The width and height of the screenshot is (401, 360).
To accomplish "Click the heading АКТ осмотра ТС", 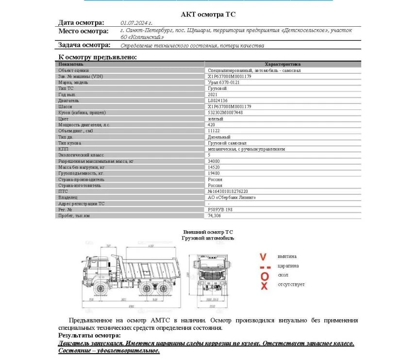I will click(208, 15).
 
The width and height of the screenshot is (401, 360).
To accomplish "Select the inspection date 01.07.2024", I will click(136, 23).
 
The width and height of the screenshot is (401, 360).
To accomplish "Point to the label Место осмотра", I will click(84, 32).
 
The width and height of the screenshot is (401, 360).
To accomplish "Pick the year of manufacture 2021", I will click(213, 95).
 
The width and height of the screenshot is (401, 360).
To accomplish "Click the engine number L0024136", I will click(217, 101).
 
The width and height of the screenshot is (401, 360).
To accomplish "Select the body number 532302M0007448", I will click(225, 113).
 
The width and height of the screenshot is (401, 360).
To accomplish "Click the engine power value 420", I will click(211, 125).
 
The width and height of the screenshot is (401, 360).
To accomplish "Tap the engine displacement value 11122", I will click(214, 131).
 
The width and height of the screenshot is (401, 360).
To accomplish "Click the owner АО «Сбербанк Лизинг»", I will click(232, 198).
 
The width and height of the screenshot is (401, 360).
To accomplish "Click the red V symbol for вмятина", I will click(264, 257).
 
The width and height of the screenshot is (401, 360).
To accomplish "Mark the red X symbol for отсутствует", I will click(264, 286).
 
